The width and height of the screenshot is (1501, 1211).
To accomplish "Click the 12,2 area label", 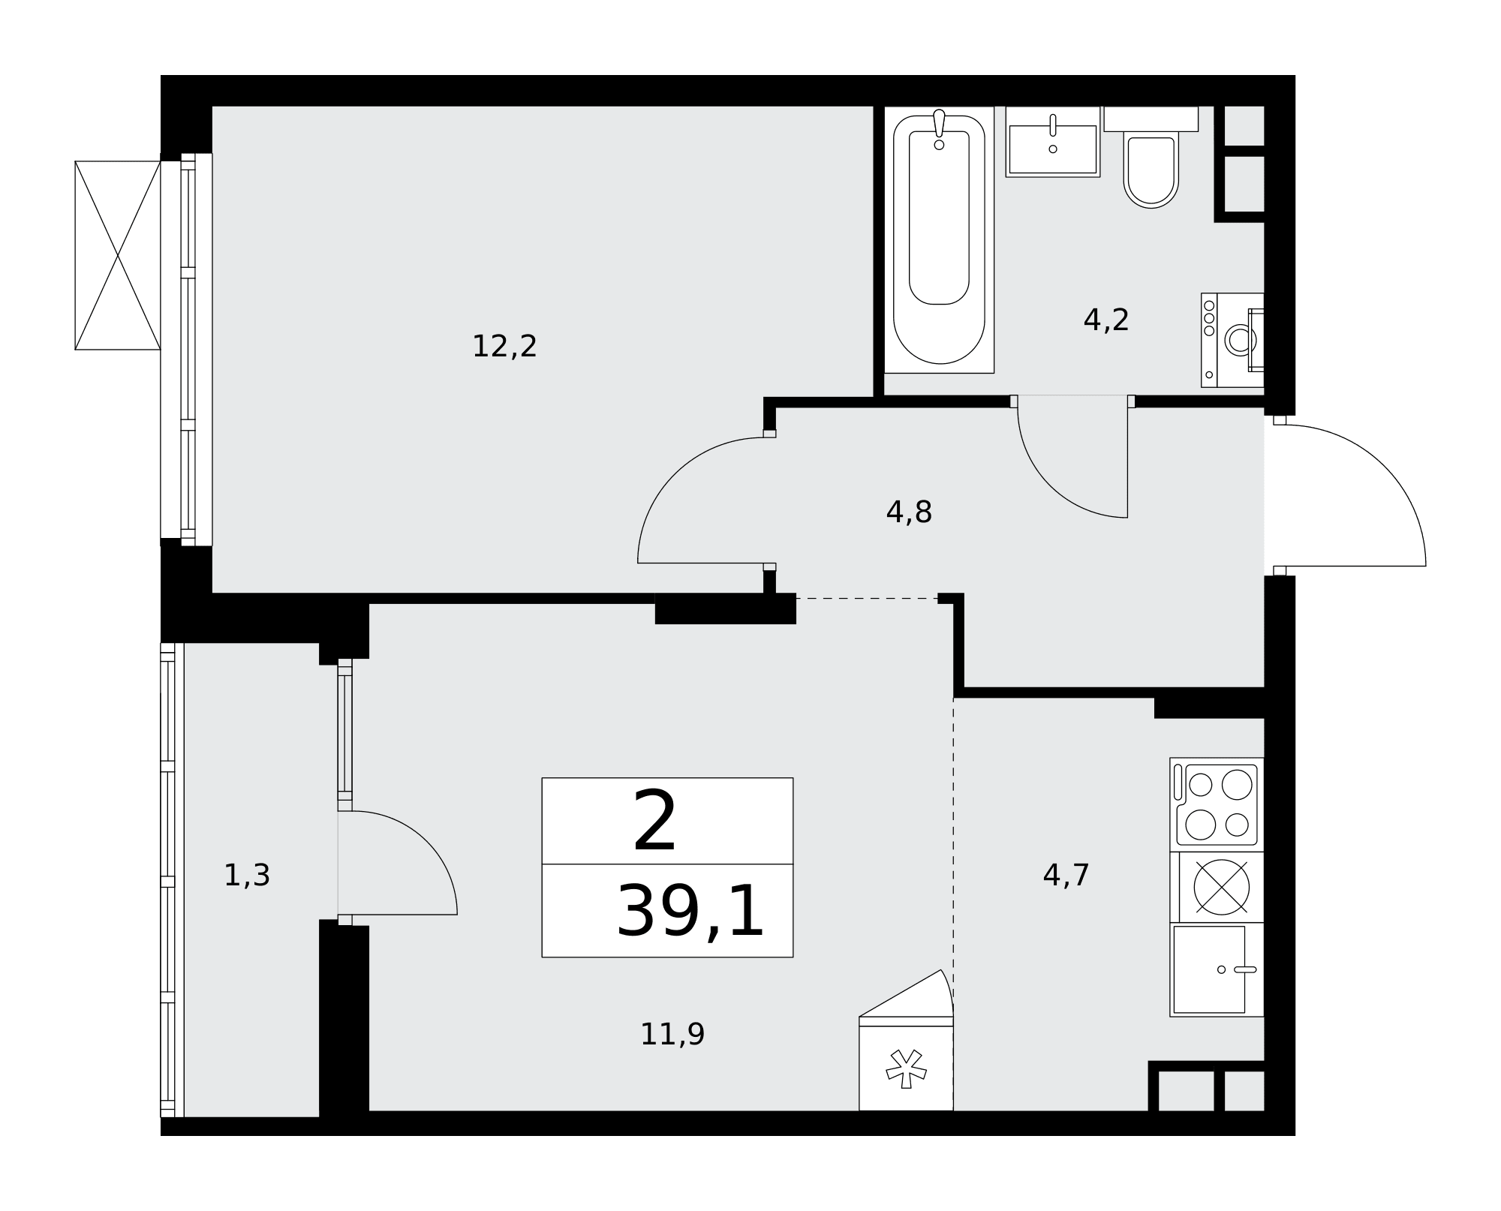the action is tap(504, 347).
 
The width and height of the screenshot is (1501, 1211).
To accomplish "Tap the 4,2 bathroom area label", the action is tap(1105, 320).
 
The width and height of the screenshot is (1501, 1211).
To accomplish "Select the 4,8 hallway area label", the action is tap(909, 512).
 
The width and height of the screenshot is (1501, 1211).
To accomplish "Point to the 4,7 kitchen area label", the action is tap(1066, 875).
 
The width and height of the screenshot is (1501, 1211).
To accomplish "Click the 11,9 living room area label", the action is tap(672, 1035).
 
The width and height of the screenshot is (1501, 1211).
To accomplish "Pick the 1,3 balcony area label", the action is tap(247, 876).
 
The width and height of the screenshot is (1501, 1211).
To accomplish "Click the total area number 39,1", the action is tap(690, 911).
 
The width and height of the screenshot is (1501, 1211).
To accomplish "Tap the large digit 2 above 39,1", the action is tap(655, 822).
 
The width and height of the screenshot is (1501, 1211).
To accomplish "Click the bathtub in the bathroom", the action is tap(939, 239).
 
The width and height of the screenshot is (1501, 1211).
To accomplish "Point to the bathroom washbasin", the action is tap(1053, 142).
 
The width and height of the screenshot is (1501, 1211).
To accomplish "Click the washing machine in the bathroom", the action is tap(1232, 340).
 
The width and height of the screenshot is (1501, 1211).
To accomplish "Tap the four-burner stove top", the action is tap(1217, 804).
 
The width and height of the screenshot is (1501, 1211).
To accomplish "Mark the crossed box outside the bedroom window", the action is tap(118, 255).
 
